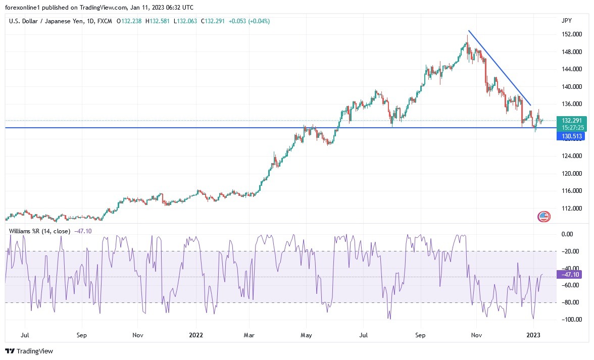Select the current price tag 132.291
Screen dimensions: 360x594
(x=568, y=121)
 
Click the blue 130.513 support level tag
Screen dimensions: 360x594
(x=568, y=136)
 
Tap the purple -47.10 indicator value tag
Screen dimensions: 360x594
(x=569, y=274)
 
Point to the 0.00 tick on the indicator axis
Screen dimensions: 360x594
(x=567, y=234)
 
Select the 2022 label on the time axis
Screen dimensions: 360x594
(x=196, y=334)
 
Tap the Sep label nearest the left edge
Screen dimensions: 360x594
(x=82, y=334)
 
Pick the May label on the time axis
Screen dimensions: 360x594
(x=306, y=334)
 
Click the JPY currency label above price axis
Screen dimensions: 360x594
(x=566, y=21)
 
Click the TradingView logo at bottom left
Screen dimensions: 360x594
(x=29, y=351)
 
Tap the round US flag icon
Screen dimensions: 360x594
(x=543, y=217)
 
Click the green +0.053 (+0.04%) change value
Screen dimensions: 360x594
(x=250, y=21)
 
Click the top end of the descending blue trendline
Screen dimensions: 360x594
(x=469, y=31)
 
